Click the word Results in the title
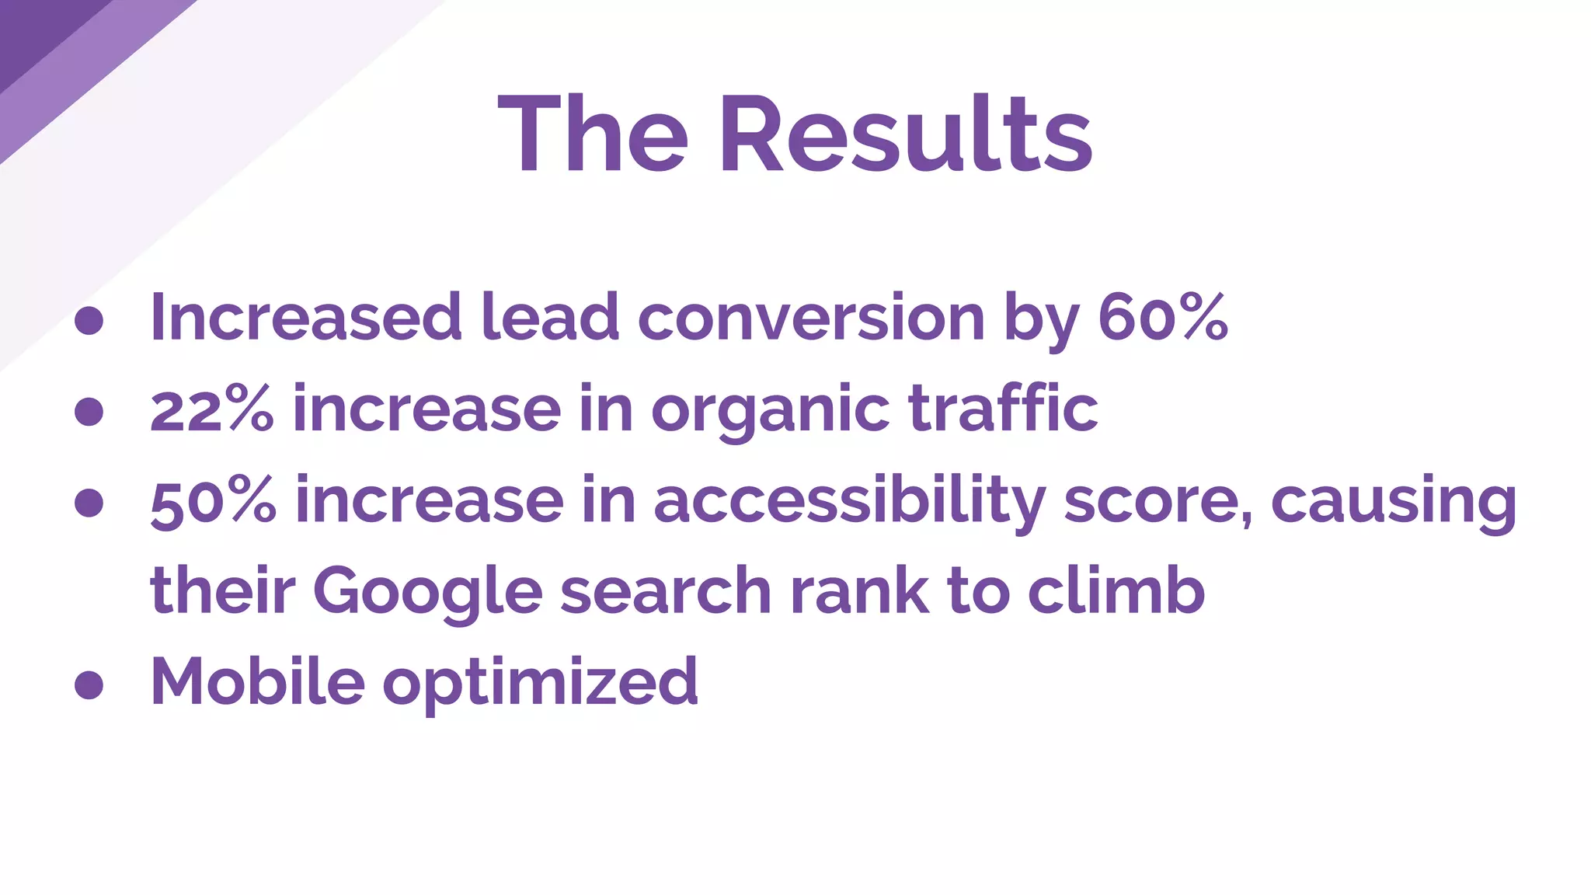[906, 134]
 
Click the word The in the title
[593, 134]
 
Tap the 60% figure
[1162, 317]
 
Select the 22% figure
[211, 409]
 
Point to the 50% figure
[213, 501]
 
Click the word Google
[427, 592]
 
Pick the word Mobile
[257, 681]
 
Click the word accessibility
[849, 501]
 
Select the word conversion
[811, 317]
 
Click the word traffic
[1003, 409]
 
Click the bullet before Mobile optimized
[89, 684]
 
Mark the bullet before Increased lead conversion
[89, 320]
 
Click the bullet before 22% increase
[89, 411]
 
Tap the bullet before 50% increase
[89, 502]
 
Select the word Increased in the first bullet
[306, 317]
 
